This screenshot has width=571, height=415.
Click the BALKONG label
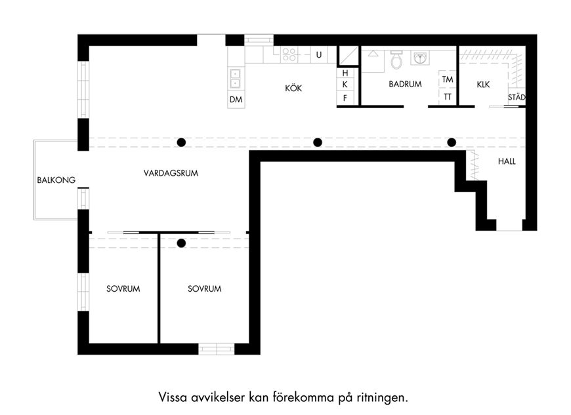(x=56, y=180)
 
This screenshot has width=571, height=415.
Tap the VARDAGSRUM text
(x=171, y=173)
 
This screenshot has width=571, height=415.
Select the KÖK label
(x=293, y=88)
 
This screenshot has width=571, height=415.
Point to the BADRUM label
(x=406, y=84)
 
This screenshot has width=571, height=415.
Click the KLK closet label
(x=483, y=85)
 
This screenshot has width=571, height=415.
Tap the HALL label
(x=507, y=161)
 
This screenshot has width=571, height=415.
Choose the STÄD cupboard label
(x=517, y=97)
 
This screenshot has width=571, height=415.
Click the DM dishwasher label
(x=236, y=99)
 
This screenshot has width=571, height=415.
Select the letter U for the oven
(x=319, y=55)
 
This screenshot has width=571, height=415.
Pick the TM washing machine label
(x=448, y=79)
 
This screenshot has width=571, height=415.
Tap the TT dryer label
(x=448, y=97)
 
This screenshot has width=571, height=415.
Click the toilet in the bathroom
(x=396, y=59)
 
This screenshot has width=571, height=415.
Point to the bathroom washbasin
(x=420, y=58)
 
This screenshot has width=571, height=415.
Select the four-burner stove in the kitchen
(x=289, y=54)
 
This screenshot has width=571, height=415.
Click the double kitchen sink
(x=235, y=79)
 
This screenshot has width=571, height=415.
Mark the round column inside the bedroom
(x=181, y=243)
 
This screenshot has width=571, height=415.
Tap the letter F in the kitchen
(x=345, y=98)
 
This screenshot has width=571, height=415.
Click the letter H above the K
(x=345, y=73)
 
